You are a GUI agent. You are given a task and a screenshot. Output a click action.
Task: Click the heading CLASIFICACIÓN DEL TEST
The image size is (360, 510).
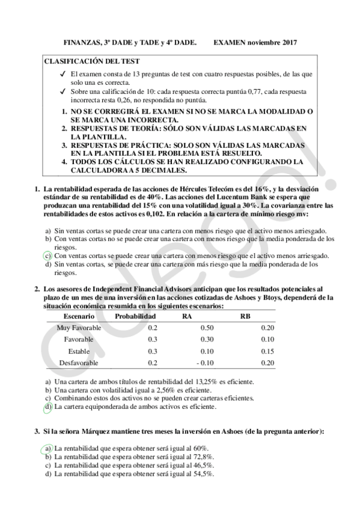pyautogui.click(x=92, y=61)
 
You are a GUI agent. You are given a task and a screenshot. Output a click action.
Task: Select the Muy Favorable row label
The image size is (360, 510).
pyautogui.click(x=79, y=328)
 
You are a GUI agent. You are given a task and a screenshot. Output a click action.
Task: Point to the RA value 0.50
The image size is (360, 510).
pyautogui.click(x=206, y=328)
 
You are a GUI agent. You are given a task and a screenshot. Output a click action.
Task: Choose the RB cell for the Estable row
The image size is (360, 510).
pyautogui.click(x=268, y=351)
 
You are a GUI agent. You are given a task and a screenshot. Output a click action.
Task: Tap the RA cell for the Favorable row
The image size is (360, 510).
pyautogui.click(x=206, y=339)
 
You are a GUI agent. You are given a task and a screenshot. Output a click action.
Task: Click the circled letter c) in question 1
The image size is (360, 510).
pyautogui.click(x=48, y=255)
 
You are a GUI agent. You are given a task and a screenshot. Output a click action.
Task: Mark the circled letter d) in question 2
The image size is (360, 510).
pyautogui.click(x=48, y=407)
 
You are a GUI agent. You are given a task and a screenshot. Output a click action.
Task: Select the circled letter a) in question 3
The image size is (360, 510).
pyautogui.click(x=48, y=448)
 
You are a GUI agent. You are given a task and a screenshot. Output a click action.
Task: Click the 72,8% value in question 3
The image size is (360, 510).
pyautogui.click(x=203, y=457)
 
